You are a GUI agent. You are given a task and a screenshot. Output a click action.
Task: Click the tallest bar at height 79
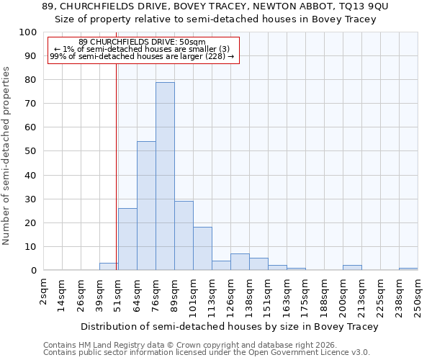coord(165,176)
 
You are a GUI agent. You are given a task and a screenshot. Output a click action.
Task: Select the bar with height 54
coord(146,206)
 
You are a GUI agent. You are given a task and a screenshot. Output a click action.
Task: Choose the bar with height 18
coord(202,248)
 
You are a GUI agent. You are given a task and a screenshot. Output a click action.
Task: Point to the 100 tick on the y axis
coord(28,32)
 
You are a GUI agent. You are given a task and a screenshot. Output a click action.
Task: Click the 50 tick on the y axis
coord(31,151)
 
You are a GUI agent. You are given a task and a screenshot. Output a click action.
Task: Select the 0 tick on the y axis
coord(34,270)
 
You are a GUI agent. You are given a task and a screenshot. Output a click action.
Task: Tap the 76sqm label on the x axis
coord(156,294)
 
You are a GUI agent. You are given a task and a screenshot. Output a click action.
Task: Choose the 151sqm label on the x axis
coord(269,295)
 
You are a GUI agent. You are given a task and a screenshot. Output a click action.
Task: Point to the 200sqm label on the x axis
coord(343,295)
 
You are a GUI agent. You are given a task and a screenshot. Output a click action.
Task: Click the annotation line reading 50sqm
coord(142,42)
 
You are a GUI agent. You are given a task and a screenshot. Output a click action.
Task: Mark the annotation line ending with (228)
coord(142,56)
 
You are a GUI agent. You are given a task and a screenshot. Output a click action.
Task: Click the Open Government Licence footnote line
coord(207,353)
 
